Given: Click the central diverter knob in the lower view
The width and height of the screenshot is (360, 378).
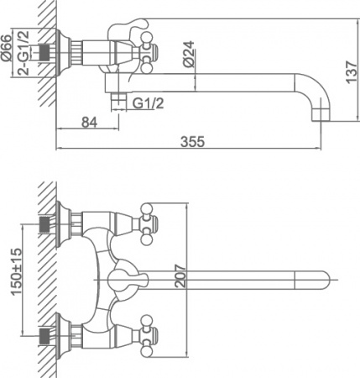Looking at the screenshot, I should point(123,276).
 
